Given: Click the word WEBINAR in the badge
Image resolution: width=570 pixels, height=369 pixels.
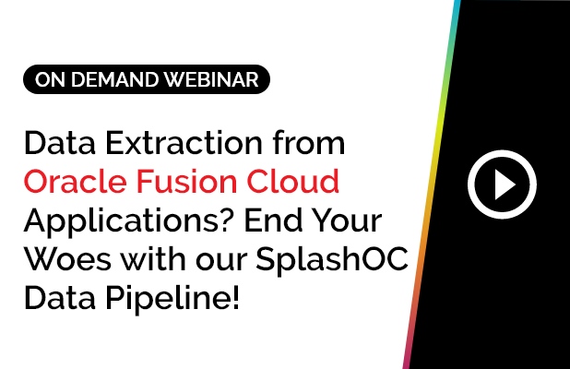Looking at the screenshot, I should (214, 80).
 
